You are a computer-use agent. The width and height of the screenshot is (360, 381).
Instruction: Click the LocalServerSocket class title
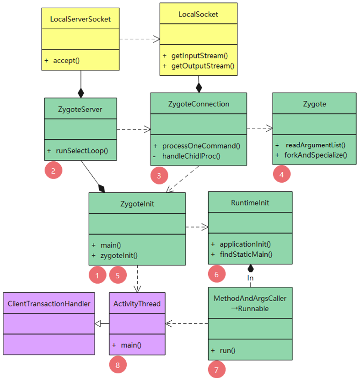81,19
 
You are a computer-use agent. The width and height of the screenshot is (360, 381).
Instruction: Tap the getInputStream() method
199,56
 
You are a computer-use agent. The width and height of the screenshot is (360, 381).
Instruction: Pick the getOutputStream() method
203,66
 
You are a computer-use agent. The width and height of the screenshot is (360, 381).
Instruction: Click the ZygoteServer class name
80,110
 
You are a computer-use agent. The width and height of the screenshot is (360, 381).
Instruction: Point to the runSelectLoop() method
82,150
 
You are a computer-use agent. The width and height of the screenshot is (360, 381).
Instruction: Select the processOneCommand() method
201,146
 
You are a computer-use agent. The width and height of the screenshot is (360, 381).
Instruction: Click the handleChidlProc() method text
191,156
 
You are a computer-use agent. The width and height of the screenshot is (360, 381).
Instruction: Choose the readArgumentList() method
316,145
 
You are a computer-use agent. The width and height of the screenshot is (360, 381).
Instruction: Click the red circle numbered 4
281,174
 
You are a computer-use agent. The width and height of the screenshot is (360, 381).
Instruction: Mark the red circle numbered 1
97,275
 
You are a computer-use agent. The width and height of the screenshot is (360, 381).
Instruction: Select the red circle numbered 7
217,369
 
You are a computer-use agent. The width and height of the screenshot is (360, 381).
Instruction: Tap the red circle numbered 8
118,365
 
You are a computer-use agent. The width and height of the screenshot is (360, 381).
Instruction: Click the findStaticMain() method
246,254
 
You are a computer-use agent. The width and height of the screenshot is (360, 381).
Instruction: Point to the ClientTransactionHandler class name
49,304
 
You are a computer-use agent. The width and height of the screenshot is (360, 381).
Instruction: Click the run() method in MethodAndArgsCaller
227,350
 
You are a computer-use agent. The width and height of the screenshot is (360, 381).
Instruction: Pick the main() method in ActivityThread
131,345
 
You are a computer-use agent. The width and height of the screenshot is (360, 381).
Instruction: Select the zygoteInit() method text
119,255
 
